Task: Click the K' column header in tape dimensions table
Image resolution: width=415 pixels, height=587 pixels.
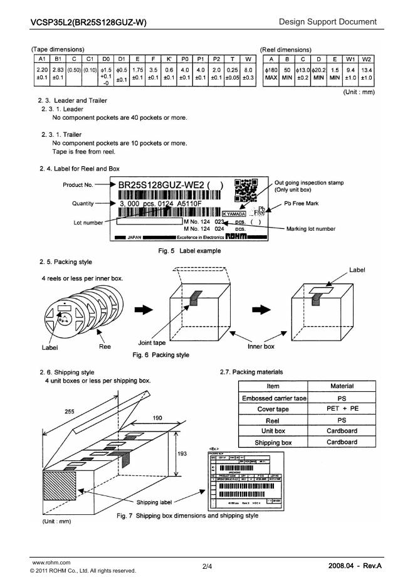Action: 169,58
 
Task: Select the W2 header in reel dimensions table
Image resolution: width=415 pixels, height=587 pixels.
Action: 367,58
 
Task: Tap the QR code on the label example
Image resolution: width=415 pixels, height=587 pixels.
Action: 245,190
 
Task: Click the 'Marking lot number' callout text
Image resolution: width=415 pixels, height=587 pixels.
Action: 310,228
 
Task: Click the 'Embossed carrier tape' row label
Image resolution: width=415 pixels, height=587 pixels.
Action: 273,398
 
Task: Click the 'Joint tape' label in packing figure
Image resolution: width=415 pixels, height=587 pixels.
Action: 152,343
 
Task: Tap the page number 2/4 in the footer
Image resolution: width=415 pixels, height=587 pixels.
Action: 208,566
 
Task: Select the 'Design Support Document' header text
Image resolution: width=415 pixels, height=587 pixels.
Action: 328,23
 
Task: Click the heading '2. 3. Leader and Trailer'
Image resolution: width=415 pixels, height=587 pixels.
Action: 73,100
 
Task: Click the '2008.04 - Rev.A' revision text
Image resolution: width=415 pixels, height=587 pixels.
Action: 355,566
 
